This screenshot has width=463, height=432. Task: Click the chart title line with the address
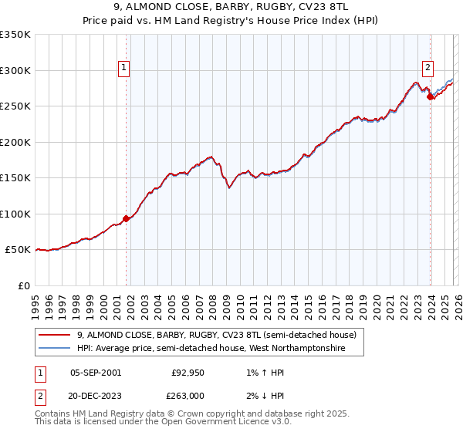coord(231,7)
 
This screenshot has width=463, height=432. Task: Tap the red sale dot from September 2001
coord(127,219)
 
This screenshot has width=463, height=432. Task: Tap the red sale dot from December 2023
coord(431,96)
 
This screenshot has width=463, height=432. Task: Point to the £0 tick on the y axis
coord(23,286)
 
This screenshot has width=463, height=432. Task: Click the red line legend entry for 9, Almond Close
coord(216,336)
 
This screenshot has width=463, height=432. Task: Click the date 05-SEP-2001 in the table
coord(96,372)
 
